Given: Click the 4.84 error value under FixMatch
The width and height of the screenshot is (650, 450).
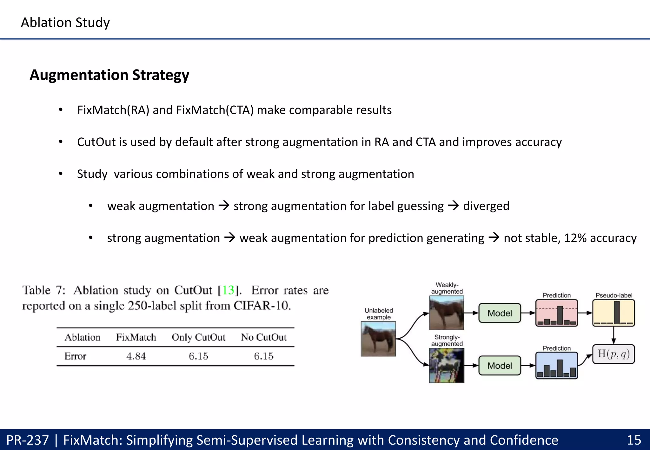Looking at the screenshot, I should [136, 356].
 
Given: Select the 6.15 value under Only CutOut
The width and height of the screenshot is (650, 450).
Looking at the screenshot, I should [198, 356].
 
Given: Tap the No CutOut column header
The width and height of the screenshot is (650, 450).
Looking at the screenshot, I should [263, 337].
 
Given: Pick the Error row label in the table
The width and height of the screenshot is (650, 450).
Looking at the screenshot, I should [75, 356].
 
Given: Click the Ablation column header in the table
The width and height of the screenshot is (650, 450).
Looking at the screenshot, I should [83, 337].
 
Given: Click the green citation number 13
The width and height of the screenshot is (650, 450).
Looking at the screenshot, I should [228, 290].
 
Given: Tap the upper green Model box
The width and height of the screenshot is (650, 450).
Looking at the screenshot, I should [500, 313].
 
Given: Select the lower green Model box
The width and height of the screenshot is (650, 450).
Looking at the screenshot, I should [500, 366].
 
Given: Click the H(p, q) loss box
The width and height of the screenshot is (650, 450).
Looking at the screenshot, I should [614, 354].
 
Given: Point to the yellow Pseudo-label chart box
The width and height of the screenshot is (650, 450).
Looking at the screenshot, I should [614, 313].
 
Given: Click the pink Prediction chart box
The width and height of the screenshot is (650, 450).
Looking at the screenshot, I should [556, 313].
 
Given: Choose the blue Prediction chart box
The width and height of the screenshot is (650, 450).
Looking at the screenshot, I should [556, 366].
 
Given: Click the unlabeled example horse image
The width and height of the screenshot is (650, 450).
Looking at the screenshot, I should [378, 339].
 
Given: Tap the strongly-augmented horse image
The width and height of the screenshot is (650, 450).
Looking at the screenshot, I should [447, 366].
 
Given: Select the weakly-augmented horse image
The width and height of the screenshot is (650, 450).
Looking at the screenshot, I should [447, 313].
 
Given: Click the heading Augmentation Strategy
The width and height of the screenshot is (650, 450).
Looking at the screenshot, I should [109, 75].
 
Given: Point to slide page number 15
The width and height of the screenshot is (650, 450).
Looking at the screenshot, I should [634, 440].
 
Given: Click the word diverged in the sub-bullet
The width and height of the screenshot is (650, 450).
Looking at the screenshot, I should [486, 206].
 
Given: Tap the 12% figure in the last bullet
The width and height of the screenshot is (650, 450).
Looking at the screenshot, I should [575, 238].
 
